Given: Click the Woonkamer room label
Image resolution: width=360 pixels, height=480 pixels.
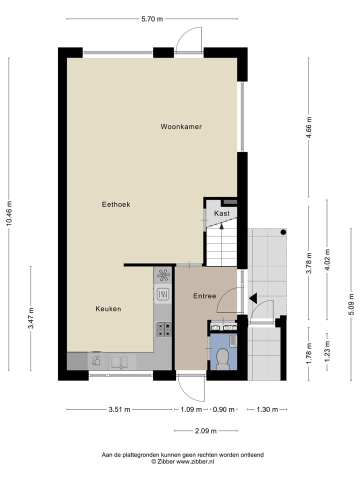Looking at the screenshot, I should click(x=181, y=127).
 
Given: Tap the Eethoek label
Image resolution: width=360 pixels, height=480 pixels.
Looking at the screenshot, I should click(x=116, y=204).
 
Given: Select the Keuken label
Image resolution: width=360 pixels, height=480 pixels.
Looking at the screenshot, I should click(x=108, y=309).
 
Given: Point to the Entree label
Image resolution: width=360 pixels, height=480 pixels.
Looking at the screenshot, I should click(x=204, y=296).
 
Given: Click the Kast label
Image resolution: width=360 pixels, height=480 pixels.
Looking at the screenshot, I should click(x=222, y=213).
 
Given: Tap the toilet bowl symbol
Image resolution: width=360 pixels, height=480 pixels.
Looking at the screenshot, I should click(x=223, y=358).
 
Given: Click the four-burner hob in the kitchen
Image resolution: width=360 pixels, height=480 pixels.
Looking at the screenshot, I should click(x=163, y=328).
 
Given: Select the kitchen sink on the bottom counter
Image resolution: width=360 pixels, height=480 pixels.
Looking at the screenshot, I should click(x=120, y=361).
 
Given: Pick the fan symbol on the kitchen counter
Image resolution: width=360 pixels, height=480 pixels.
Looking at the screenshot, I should click(x=163, y=274).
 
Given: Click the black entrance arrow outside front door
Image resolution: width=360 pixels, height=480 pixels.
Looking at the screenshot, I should click(x=253, y=298).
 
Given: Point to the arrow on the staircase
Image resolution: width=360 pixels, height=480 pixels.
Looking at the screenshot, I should click(x=221, y=225).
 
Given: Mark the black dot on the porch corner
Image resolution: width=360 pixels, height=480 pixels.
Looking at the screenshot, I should click(x=283, y=232).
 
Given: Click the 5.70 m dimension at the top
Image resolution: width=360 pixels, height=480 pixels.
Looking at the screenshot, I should click(x=152, y=19).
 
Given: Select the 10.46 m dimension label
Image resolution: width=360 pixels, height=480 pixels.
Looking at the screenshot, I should click(x=9, y=214).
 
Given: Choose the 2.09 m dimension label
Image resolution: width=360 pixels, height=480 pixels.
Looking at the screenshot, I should click(x=205, y=431).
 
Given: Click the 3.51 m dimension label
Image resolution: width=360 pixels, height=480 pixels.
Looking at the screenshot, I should click(x=119, y=409).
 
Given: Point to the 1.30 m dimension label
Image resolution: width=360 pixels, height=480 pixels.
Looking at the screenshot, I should click(x=267, y=409).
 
